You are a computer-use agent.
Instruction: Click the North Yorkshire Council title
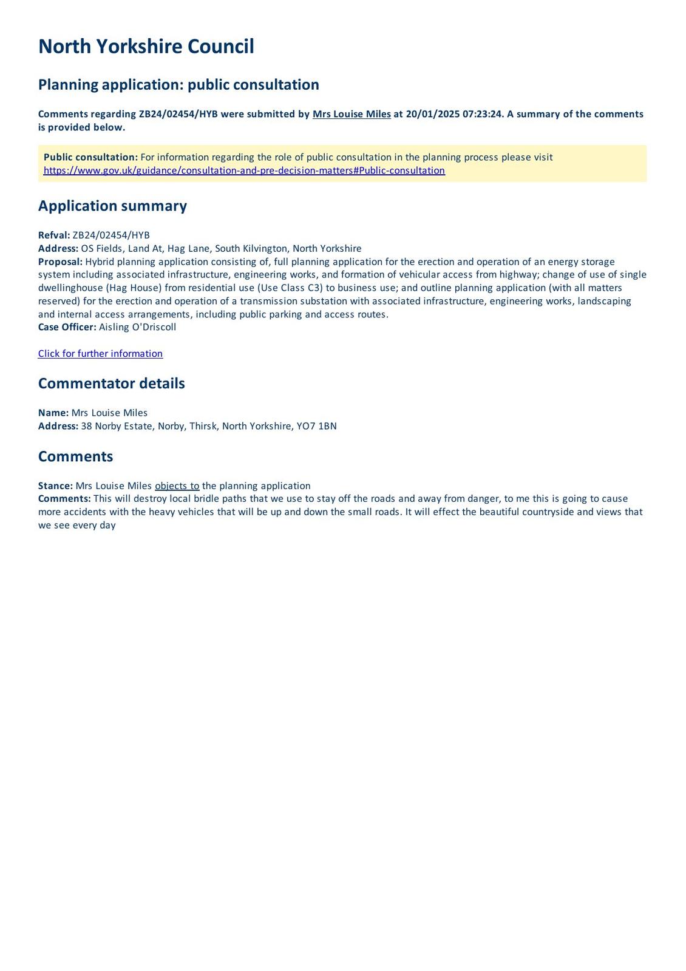(x=146, y=47)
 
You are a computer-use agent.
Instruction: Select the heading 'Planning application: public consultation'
(x=178, y=84)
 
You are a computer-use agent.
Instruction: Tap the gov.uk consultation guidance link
(x=244, y=171)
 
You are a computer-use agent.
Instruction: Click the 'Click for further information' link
(x=100, y=354)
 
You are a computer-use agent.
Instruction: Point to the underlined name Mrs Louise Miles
(x=351, y=114)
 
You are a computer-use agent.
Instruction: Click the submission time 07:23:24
(x=483, y=114)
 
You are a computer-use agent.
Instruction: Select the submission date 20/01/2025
(x=432, y=114)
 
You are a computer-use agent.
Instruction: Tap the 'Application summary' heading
(x=112, y=206)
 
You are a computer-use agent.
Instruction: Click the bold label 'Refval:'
(x=54, y=235)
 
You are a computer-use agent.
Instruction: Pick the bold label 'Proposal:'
(x=60, y=262)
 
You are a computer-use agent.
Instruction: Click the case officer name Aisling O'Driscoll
(x=137, y=327)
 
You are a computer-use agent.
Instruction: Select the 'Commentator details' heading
(x=111, y=384)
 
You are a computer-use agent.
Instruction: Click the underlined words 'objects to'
(x=177, y=486)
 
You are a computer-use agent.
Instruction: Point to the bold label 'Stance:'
(x=55, y=486)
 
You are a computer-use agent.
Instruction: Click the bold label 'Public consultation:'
(x=90, y=157)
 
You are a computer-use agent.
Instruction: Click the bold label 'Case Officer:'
(x=67, y=327)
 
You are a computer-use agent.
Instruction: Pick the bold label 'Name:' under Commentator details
(x=53, y=413)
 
